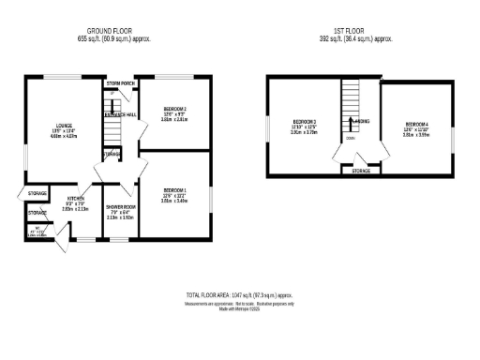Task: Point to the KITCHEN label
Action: pyautogui.click(x=76, y=199)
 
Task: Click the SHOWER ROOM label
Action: pyautogui.click(x=121, y=206)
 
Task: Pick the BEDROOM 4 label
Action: pyautogui.click(x=416, y=125)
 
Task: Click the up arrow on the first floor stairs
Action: pyautogui.click(x=351, y=122)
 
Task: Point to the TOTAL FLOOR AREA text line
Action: pyautogui.click(x=239, y=293)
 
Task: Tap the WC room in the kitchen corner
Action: pyautogui.click(x=34, y=231)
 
